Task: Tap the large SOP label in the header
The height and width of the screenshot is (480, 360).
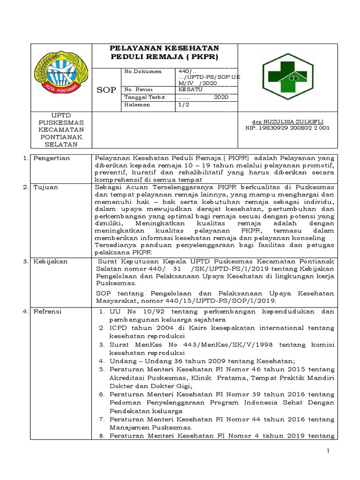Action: coord(106,90)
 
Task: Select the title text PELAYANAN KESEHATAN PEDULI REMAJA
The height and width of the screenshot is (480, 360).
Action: coord(164,52)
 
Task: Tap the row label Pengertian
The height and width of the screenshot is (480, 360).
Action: coord(52,158)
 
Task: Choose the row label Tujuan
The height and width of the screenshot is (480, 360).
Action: coord(45,187)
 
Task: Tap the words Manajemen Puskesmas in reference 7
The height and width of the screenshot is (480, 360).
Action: coord(150,428)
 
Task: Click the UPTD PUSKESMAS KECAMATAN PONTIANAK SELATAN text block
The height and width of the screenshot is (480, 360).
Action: coord(61,129)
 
